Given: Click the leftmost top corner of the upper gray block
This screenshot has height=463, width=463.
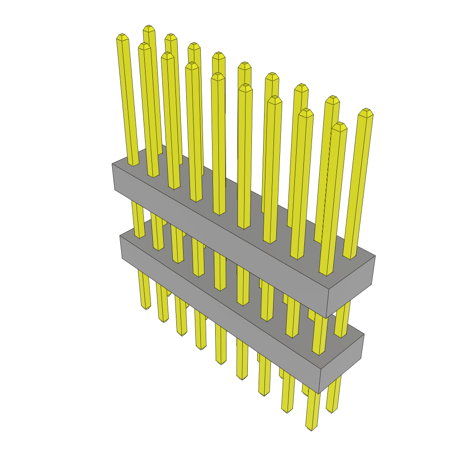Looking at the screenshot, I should coord(112,164).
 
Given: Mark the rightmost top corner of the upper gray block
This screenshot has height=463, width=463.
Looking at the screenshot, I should coord(375,256).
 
